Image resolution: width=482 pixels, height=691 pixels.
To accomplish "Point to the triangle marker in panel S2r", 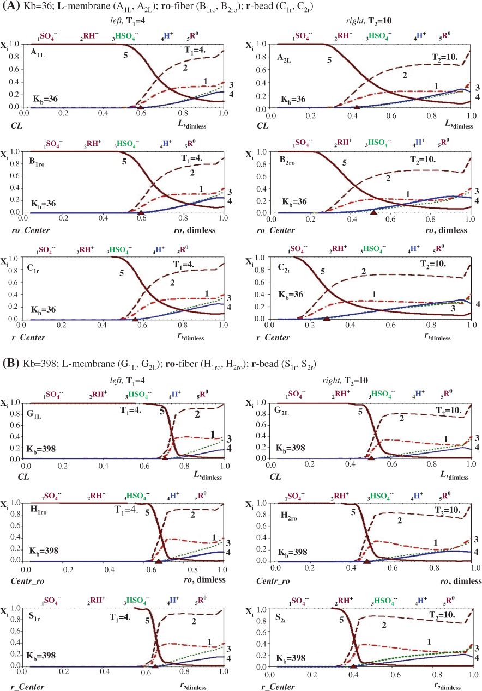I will pyautogui.click(x=353, y=665).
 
